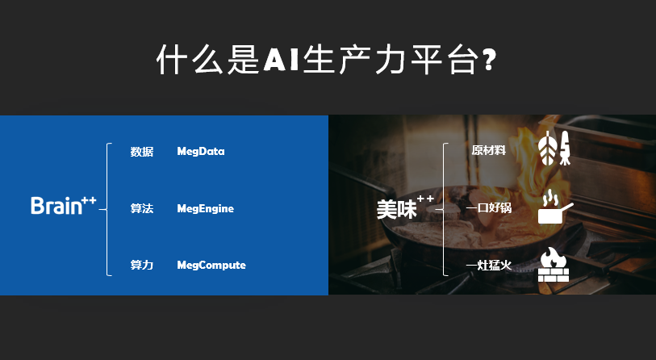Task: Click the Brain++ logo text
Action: point(64,205)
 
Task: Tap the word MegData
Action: point(201,151)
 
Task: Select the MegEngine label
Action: point(206,208)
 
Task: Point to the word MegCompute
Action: point(211,265)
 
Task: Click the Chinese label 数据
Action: point(142,152)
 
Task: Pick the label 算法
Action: point(142,208)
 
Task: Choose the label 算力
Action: point(142,265)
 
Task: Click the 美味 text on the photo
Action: point(397,209)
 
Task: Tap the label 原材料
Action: point(489,150)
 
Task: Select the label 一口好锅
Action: point(489,207)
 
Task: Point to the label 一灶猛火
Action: point(489,265)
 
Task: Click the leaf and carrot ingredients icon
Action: point(554,148)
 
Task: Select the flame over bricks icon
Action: point(553,264)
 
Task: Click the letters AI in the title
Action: point(281,60)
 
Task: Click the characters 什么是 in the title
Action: point(208,60)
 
